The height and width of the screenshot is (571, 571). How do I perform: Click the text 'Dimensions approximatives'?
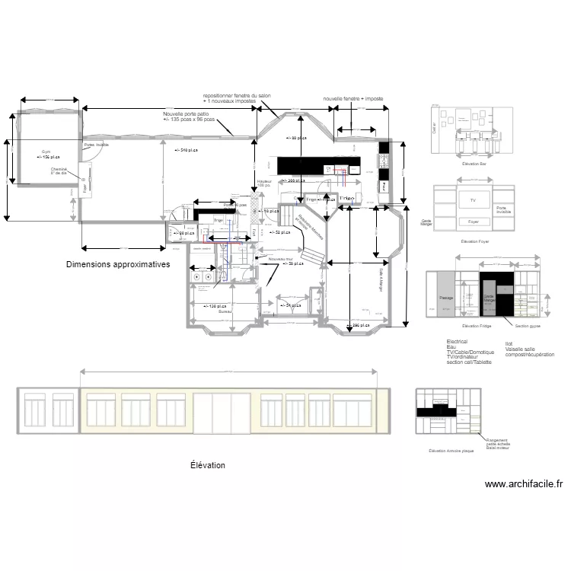click(x=117, y=264)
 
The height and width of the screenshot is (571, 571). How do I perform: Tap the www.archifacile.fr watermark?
click(x=523, y=483)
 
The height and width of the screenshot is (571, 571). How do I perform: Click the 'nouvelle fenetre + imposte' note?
click(x=352, y=99)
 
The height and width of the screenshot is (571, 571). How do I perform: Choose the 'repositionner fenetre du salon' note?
click(x=236, y=95)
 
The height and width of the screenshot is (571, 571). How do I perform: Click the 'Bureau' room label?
click(x=225, y=311)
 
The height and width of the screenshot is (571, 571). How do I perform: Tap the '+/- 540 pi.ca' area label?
click(x=185, y=150)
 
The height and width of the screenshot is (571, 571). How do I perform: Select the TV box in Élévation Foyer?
click(x=473, y=201)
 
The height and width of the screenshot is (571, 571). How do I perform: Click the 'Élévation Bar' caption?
click(x=474, y=164)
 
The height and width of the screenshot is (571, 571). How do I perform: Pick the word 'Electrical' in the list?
click(x=457, y=342)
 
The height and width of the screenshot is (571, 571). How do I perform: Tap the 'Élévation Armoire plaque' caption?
click(x=451, y=451)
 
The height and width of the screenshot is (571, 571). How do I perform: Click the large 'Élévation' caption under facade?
click(x=207, y=464)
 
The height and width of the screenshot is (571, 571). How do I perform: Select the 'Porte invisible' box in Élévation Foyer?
click(x=501, y=209)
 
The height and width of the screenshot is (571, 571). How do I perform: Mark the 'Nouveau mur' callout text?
click(x=282, y=259)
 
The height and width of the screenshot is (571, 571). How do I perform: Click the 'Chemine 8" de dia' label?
click(x=59, y=171)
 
